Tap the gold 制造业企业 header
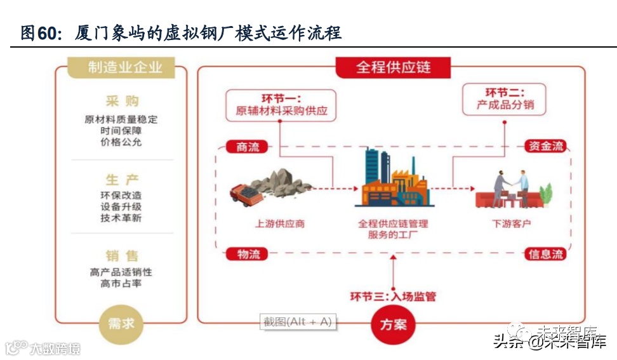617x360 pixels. (x=121, y=67)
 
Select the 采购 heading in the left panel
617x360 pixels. (x=122, y=102)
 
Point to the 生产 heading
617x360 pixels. (x=122, y=179)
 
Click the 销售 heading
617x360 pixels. (x=122, y=256)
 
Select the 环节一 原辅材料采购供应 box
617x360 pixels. (x=281, y=105)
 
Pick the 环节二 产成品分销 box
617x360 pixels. (x=505, y=99)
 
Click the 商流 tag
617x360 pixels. (x=248, y=147)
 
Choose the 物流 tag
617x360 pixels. (x=248, y=255)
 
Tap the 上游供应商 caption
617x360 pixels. (x=279, y=224)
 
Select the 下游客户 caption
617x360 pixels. (x=512, y=224)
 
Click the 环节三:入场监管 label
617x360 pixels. (x=393, y=296)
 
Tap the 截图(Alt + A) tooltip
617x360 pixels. (x=298, y=322)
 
